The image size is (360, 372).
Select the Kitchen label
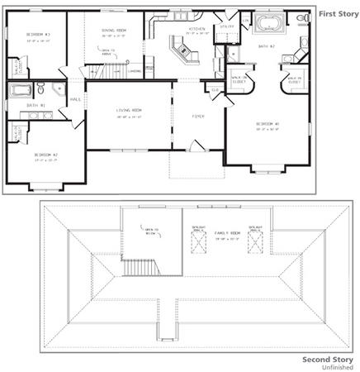point(197,28)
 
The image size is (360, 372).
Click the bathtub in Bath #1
point(21,89)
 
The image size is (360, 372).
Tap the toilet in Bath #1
point(59,88)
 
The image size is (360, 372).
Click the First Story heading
point(335,13)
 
